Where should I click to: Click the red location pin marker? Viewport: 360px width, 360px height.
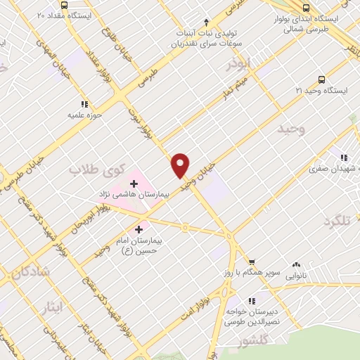[181, 165]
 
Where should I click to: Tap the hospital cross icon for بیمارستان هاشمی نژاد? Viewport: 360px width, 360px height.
[134, 184]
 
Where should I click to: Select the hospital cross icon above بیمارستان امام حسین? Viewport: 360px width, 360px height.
[139, 229]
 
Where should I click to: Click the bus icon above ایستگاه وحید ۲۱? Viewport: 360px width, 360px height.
[321, 79]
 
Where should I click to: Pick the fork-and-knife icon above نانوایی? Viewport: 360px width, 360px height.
[297, 265]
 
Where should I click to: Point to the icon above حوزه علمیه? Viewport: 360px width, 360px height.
[85, 104]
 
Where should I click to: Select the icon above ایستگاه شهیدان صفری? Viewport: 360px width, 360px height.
[343, 157]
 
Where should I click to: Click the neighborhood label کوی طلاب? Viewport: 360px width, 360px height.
[98, 169]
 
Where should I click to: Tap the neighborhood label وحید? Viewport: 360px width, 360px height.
[290, 129]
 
